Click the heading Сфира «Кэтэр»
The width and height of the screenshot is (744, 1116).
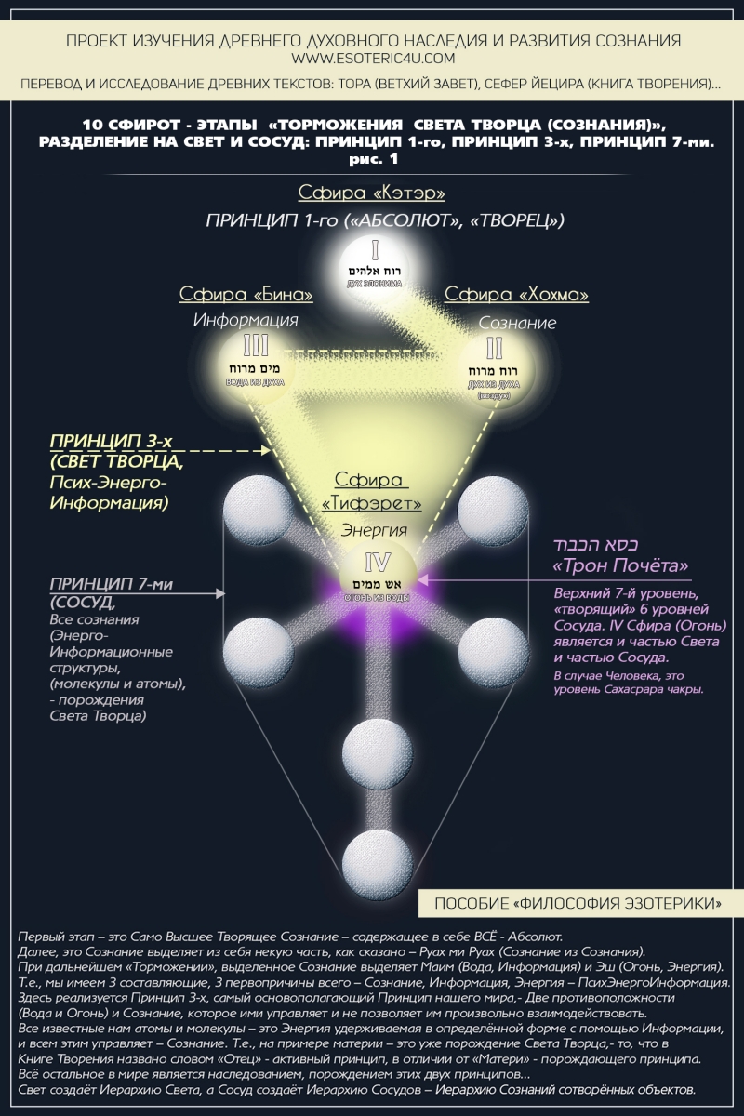tap(371, 193)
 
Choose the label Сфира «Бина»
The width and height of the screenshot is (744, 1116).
tap(246, 295)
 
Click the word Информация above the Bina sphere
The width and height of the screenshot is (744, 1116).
tap(246, 320)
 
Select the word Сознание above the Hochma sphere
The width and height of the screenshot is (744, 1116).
tap(517, 323)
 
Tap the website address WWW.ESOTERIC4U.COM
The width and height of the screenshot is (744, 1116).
tap(371, 58)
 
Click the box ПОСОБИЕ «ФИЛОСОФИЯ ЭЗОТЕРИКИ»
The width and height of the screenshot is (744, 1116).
tap(577, 903)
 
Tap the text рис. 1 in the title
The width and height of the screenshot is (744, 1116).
tap(371, 159)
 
